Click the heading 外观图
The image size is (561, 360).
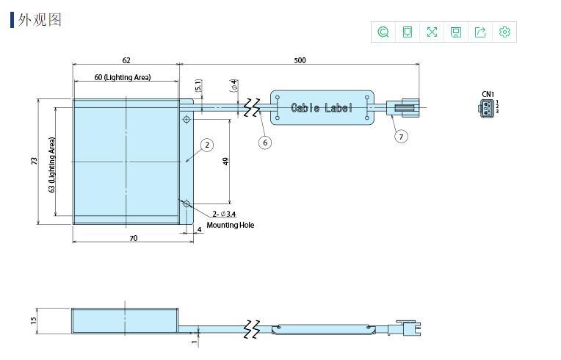40,20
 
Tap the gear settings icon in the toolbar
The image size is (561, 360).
504,32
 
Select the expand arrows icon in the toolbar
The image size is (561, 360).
432,32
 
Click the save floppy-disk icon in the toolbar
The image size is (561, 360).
456,32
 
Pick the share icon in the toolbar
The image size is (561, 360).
480,32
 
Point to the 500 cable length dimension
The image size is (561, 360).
300,60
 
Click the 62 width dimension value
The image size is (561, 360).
126,60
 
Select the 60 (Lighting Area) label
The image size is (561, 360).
123,77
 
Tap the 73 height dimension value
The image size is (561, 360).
34,161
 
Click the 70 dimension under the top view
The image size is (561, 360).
134,238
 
